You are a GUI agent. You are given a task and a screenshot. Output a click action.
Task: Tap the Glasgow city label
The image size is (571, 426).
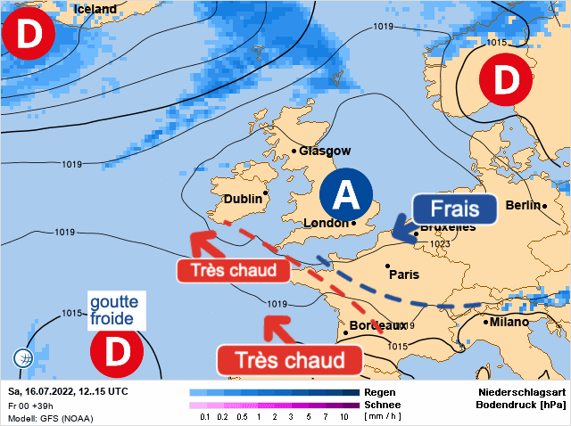pyautogui.click(x=325, y=152)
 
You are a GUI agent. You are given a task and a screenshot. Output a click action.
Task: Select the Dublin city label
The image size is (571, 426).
pyautogui.click(x=243, y=199)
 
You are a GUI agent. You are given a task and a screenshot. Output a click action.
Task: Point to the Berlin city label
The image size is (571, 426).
pyautogui.click(x=523, y=206)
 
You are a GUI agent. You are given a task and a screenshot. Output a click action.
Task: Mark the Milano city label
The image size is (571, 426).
pyautogui.click(x=509, y=322)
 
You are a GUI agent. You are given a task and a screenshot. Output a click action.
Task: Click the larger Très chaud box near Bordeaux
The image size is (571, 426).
pyautogui.click(x=290, y=360)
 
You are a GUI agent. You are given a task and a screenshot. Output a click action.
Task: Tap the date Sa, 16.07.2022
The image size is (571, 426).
pyautogui.click(x=42, y=392)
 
